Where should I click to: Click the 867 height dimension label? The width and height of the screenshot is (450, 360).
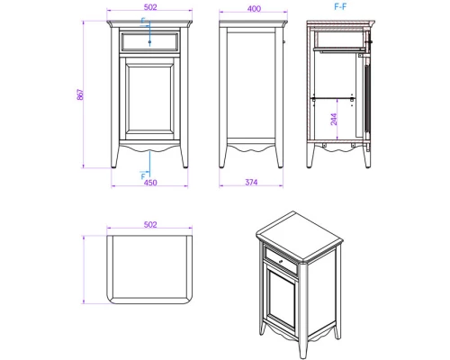[80, 94]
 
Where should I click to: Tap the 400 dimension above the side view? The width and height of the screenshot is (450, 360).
[254, 9]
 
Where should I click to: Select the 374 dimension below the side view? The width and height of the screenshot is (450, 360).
[251, 182]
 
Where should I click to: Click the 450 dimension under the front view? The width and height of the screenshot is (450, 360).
[150, 183]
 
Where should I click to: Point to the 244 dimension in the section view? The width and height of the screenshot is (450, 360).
[334, 119]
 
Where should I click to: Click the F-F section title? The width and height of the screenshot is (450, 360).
[340, 6]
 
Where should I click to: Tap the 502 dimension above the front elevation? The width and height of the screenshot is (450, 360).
[150, 7]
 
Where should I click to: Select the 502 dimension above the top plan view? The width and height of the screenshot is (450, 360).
[150, 224]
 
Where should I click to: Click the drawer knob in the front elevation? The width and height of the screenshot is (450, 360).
[149, 42]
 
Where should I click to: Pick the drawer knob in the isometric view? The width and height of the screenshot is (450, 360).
[281, 262]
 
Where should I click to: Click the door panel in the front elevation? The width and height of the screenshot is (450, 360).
[149, 98]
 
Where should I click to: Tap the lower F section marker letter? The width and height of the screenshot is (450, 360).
[143, 176]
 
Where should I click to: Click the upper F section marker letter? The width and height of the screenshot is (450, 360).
[143, 21]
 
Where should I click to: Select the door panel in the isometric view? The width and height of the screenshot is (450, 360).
[281, 299]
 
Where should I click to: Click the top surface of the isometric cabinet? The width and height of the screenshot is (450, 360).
[300, 235]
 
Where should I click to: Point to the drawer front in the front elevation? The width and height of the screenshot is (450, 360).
[149, 42]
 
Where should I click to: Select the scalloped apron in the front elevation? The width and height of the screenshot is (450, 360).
[149, 148]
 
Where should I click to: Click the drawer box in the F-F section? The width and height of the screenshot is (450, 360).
[340, 40]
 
